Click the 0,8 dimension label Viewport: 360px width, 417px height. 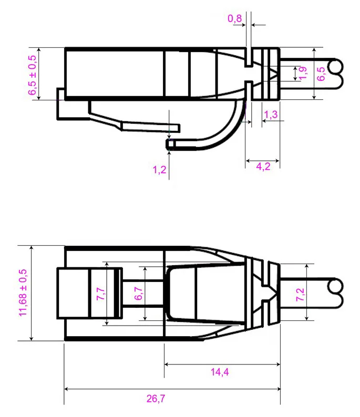coord(234,19)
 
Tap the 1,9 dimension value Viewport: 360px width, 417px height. coord(302,73)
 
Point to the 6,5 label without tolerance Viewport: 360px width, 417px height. coord(321,73)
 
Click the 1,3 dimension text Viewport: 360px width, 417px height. coord(271,114)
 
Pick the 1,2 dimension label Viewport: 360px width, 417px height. coord(159,170)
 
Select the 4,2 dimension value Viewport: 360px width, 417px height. coord(263,166)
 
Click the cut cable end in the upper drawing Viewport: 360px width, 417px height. coord(334,73)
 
